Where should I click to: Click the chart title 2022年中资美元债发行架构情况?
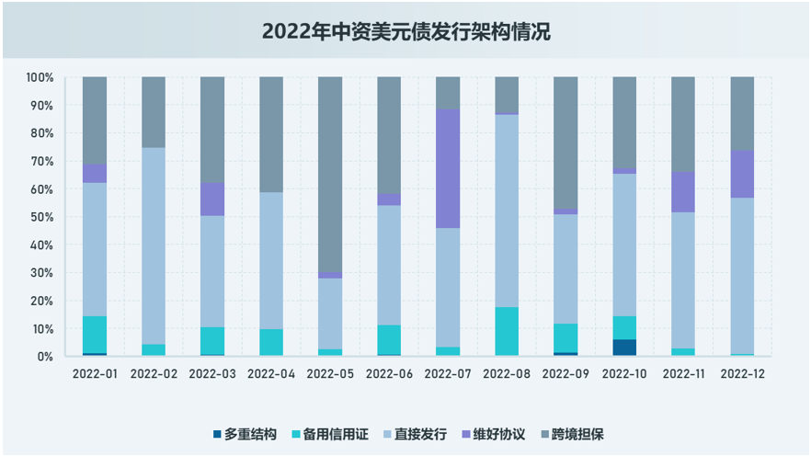tap(405, 31)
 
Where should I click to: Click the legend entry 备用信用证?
tap(336, 434)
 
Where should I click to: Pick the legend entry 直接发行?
tap(420, 434)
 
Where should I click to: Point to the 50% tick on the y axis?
tap(40, 217)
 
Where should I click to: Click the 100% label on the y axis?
tap(39, 77)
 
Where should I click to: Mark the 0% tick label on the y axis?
tap(44, 357)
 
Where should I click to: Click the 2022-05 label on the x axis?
tap(330, 374)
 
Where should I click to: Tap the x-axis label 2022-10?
tap(624, 374)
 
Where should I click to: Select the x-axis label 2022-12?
tap(742, 374)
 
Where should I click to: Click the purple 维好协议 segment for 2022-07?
tap(448, 168)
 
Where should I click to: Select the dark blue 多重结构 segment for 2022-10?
tap(624, 348)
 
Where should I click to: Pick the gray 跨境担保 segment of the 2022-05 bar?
tap(330, 175)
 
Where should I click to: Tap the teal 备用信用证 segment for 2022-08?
tap(507, 331)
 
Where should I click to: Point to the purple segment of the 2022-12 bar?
tap(742, 174)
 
